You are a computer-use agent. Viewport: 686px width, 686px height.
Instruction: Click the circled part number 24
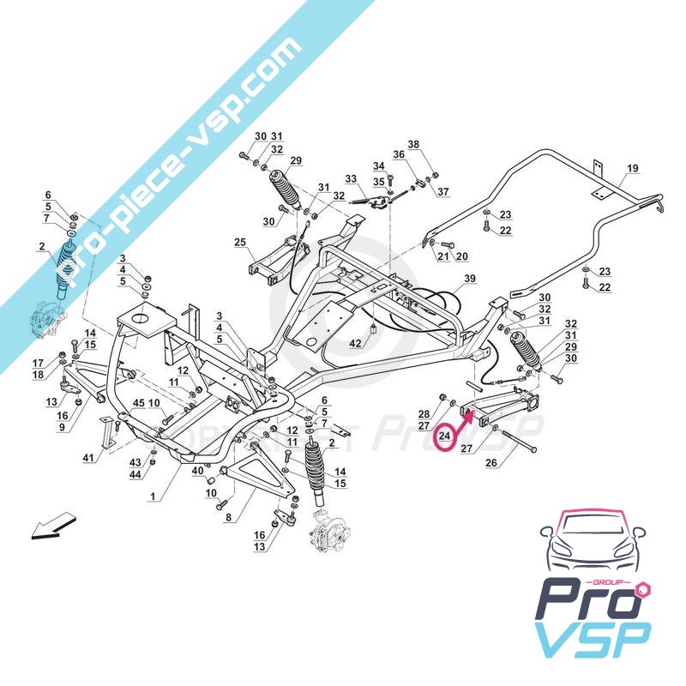point(444,436)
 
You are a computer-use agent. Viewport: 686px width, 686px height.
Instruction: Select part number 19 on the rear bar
point(633,168)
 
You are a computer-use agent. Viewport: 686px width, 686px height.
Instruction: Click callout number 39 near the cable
point(469,279)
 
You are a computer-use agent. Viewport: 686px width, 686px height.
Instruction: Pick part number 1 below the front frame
point(153,496)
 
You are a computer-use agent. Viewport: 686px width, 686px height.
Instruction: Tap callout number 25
point(239,243)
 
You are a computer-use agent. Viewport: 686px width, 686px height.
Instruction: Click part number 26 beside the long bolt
point(491,464)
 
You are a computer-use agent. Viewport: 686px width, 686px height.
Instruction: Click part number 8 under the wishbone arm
point(228,517)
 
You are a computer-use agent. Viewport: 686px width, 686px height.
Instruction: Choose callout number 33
point(350,179)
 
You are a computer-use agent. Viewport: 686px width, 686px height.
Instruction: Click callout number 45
point(138,402)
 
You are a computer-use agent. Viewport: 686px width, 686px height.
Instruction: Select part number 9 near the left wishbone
point(62,426)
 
